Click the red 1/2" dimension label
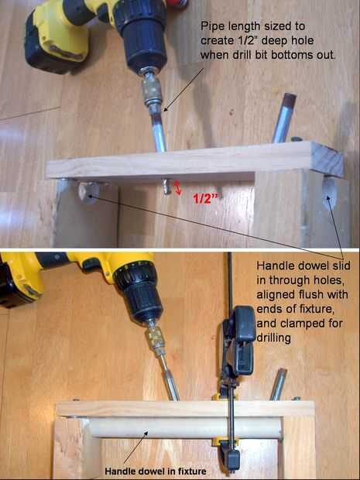205,199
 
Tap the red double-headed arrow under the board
177,187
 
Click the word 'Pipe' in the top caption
211,26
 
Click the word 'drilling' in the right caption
273,338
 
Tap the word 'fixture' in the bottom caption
191,471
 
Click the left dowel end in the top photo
89,193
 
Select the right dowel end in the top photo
329,193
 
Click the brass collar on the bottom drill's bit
155,338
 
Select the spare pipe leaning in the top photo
284,118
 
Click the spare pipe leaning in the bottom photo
278,385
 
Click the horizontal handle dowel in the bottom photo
184,427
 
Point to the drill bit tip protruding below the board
166,187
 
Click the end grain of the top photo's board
327,159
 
